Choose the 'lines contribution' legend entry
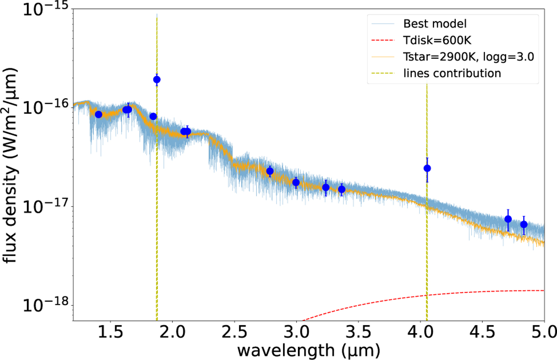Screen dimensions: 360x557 [452, 73]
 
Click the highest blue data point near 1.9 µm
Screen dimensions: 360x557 [157, 79]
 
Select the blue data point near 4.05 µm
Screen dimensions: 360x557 [427, 168]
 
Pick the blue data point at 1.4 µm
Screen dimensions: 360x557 [98, 115]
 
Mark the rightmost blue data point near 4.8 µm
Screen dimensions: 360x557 [524, 225]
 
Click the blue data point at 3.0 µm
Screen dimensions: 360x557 [296, 182]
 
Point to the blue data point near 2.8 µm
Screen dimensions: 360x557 [270, 171]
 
